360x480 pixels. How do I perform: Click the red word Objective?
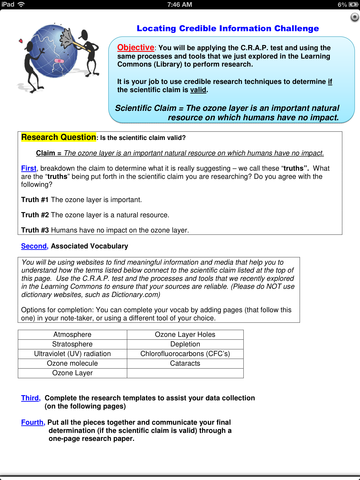[139, 47]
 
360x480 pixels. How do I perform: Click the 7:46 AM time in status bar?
[180, 5]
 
